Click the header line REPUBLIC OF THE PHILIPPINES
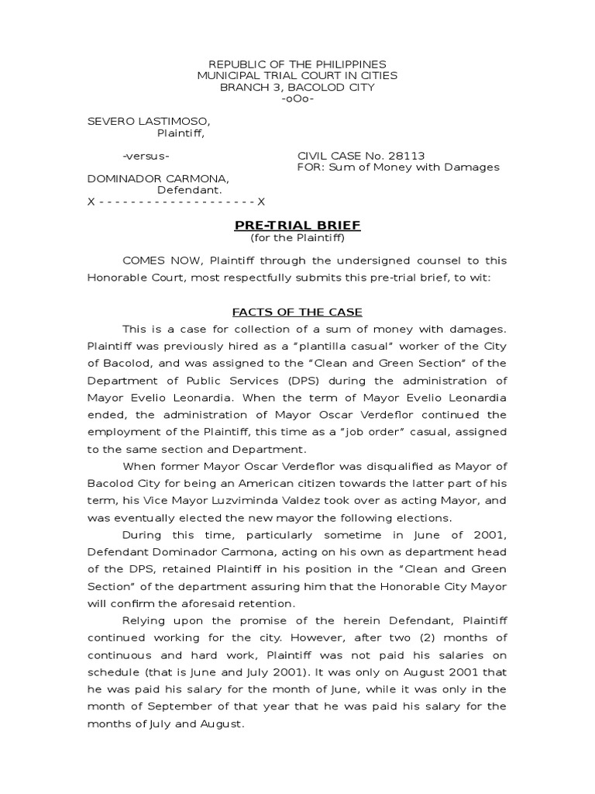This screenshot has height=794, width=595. point(297,64)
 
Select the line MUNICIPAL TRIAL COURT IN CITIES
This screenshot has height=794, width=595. point(297,75)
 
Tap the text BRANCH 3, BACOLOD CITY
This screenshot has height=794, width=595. point(297,88)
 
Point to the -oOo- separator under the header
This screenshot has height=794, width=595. point(297,99)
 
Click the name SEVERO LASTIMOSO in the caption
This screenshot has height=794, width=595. point(148,121)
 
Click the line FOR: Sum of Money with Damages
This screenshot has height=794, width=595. point(398,167)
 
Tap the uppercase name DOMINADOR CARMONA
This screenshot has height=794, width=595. point(157,178)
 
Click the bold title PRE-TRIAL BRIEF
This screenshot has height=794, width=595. point(297,225)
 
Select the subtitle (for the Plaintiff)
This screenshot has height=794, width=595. point(297,237)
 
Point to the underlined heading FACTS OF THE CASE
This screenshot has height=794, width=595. point(297,312)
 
